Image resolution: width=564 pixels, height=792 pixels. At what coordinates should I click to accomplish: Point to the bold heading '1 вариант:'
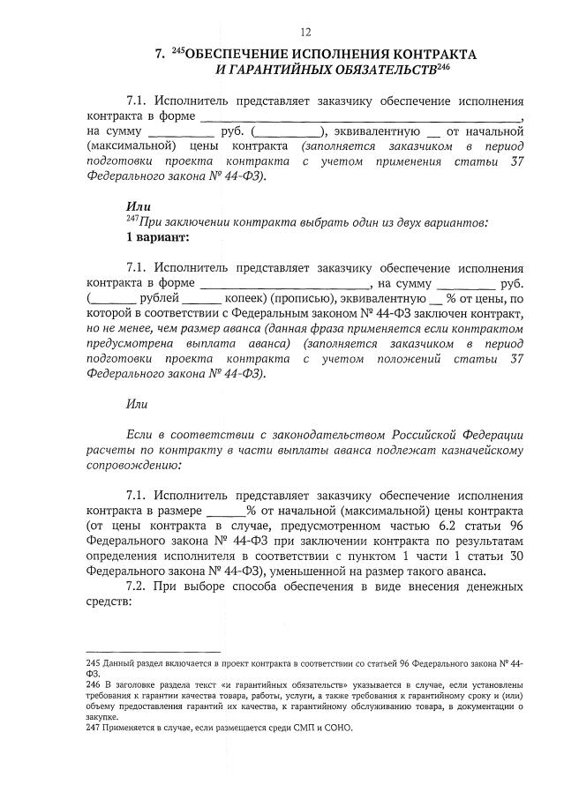[x=157, y=237]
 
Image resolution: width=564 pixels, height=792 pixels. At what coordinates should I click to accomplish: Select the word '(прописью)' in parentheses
[x=302, y=299]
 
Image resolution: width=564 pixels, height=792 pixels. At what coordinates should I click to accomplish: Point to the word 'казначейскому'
[x=483, y=449]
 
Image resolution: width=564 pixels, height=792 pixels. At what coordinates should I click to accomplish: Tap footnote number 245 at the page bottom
[x=94, y=661]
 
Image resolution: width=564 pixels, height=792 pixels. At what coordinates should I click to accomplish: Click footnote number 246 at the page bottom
[x=94, y=684]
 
